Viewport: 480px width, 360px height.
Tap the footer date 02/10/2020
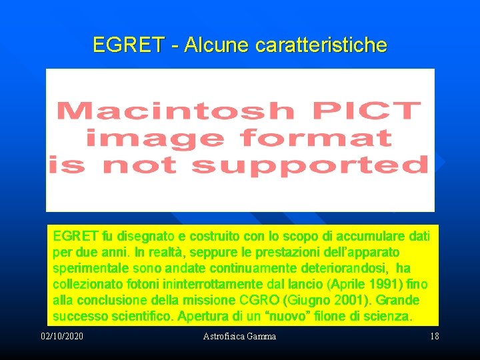pyautogui.click(x=62, y=336)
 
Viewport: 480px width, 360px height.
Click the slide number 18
pyautogui.click(x=435, y=336)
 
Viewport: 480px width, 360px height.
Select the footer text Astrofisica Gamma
pyautogui.click(x=239, y=336)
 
